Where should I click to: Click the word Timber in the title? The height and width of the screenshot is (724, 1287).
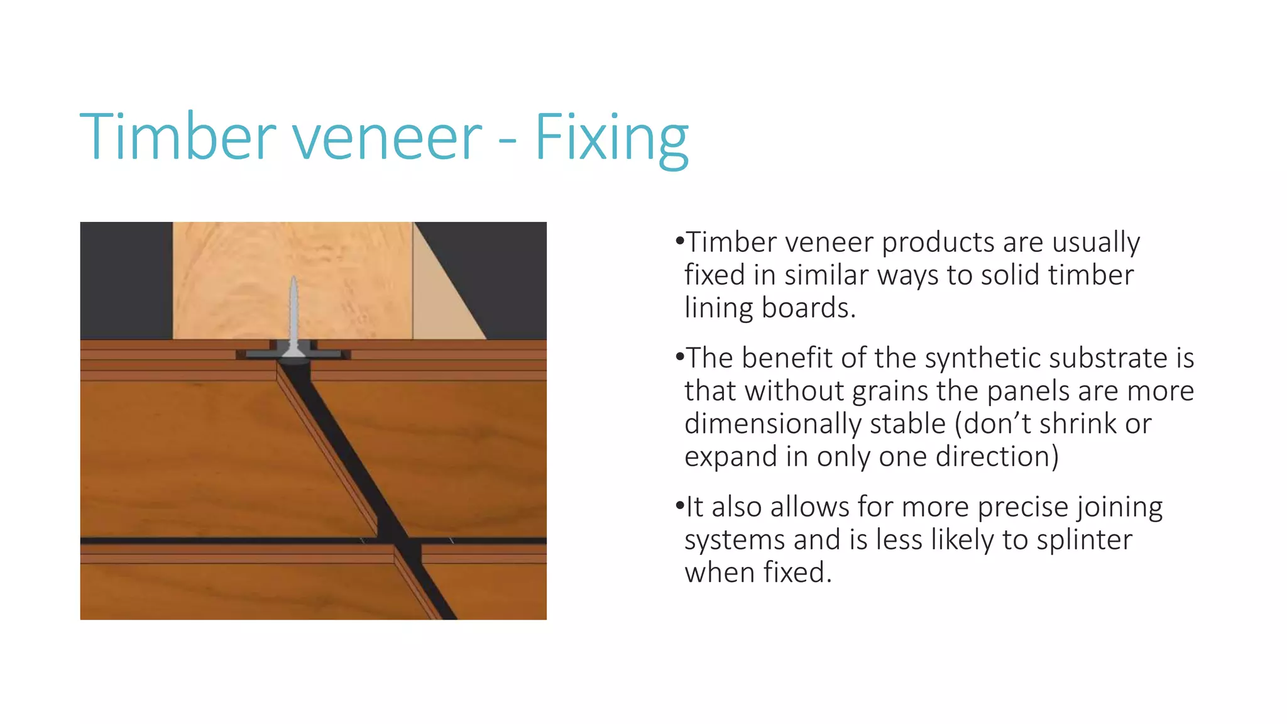178,136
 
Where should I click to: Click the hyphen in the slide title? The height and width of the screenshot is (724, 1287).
508,141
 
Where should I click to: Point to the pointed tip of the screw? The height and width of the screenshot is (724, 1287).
293,278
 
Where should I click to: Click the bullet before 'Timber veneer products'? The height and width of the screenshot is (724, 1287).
679,241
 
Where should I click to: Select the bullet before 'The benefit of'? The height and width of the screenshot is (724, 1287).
679,358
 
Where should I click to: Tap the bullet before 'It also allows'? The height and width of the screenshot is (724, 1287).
679,506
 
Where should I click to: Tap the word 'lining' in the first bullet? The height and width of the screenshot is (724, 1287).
719,308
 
